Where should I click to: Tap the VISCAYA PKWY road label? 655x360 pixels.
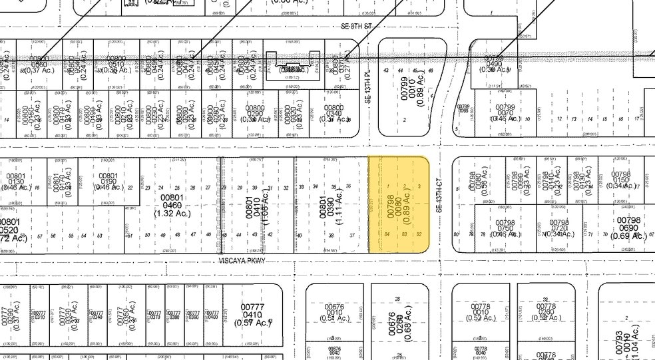coord(242,261)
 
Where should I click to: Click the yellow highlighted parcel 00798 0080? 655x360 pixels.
coord(398,204)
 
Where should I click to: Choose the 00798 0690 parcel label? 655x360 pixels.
coord(627,228)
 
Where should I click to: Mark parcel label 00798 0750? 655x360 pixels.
coord(506,228)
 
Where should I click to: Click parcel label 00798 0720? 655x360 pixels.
coord(559,228)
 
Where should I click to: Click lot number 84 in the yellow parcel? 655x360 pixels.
coord(387,235)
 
